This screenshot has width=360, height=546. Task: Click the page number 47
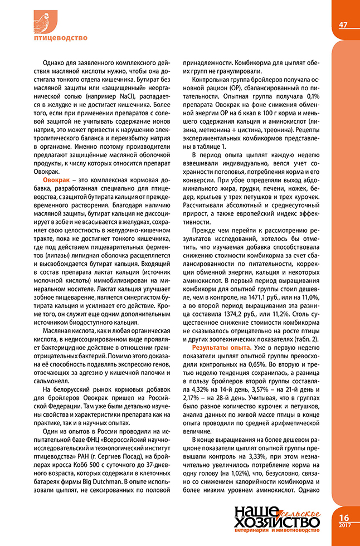343,25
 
